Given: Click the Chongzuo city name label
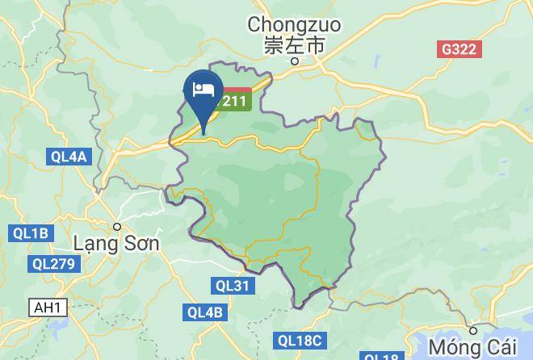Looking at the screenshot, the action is tap(295, 25).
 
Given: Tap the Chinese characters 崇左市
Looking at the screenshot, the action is tap(295, 45).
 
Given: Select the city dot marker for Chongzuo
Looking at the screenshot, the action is tap(296, 61).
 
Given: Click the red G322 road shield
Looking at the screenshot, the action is tap(460, 49).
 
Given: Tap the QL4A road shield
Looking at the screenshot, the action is tap(67, 157).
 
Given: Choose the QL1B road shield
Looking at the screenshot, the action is tap(31, 233).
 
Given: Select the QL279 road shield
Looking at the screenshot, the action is tap(54, 264).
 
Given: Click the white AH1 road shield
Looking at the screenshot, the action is tap(47, 308).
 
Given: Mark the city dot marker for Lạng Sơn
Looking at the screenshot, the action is tap(117, 227).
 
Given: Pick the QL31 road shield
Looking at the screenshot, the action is tap(233, 285).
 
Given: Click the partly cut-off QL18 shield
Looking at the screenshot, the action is tap(380, 356).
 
